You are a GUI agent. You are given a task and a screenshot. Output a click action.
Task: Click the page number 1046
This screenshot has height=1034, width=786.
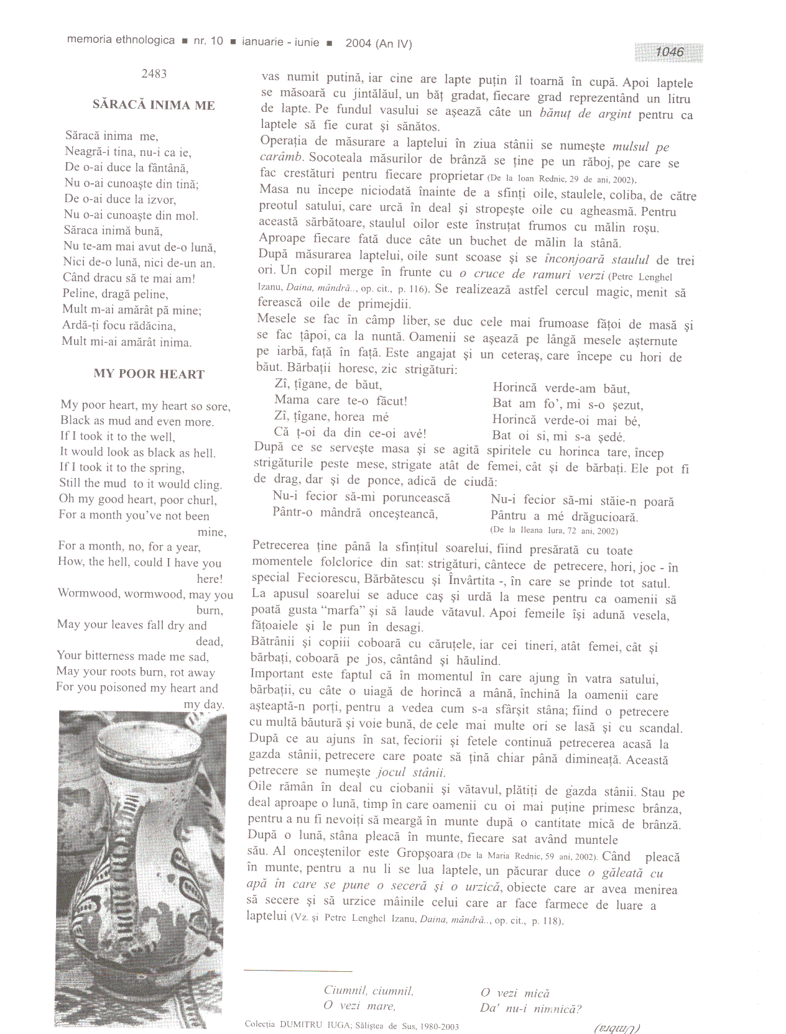(669, 52)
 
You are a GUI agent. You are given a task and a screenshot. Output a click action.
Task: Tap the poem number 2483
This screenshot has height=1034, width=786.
(154, 74)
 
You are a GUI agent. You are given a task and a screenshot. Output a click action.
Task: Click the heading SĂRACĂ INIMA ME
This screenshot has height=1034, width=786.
(154, 105)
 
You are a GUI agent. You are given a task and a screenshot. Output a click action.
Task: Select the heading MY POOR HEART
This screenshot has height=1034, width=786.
(149, 374)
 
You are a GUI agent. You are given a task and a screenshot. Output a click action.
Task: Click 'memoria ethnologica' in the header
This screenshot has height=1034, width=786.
(121, 40)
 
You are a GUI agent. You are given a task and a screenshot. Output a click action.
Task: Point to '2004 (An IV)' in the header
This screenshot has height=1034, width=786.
(379, 43)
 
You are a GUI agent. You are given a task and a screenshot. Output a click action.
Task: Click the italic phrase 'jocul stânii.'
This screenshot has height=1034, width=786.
(411, 772)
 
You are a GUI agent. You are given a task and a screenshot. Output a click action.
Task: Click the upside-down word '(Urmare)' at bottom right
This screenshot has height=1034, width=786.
(617, 1027)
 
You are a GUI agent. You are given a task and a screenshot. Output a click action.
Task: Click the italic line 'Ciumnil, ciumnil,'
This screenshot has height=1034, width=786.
(368, 991)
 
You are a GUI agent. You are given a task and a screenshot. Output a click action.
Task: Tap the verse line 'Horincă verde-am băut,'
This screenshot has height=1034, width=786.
(561, 389)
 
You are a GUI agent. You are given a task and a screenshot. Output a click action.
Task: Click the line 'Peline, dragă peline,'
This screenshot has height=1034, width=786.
(116, 294)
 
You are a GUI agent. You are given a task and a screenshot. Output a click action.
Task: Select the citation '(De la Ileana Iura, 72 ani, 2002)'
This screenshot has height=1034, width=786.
(553, 531)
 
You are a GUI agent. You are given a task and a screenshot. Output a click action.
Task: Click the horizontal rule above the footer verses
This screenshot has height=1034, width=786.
(298, 970)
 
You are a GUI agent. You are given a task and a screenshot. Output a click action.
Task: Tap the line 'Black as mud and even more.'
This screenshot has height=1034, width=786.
(137, 421)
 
